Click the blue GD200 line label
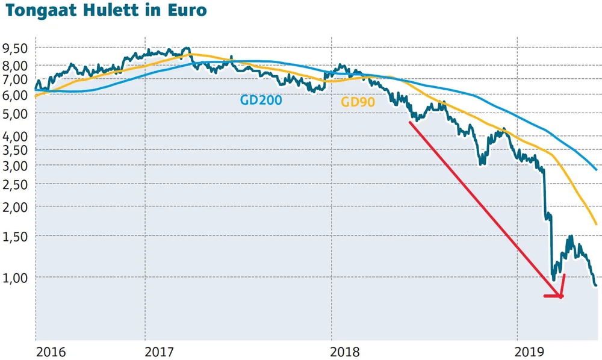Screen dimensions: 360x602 pos(261,100)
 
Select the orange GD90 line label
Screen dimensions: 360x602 pos(358,102)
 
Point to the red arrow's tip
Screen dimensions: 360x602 pos(561,296)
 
